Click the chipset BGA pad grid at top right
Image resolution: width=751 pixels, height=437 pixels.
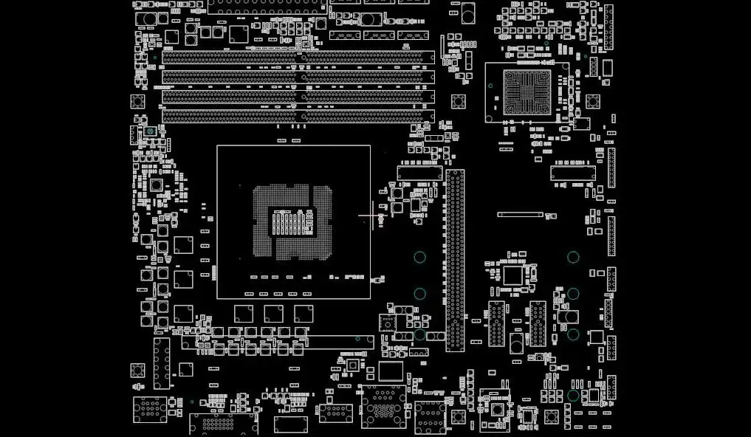pos(527,92)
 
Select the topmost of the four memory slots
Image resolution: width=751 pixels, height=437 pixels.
pos(298,57)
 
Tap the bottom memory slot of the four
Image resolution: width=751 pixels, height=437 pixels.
pos(298,116)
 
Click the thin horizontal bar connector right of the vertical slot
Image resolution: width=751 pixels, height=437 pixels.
pos(520,215)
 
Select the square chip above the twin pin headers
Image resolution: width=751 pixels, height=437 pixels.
pos(513,275)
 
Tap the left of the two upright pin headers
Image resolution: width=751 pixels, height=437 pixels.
pos(496,323)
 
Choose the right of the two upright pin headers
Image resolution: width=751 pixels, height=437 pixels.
pos(537,323)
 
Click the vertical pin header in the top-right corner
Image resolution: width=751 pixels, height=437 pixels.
pos(608,27)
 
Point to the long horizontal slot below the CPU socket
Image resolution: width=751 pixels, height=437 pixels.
pos(278,343)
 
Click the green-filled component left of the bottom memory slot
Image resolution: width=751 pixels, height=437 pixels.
pos(151,131)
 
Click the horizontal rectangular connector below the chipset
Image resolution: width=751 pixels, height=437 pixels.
pos(572,173)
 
